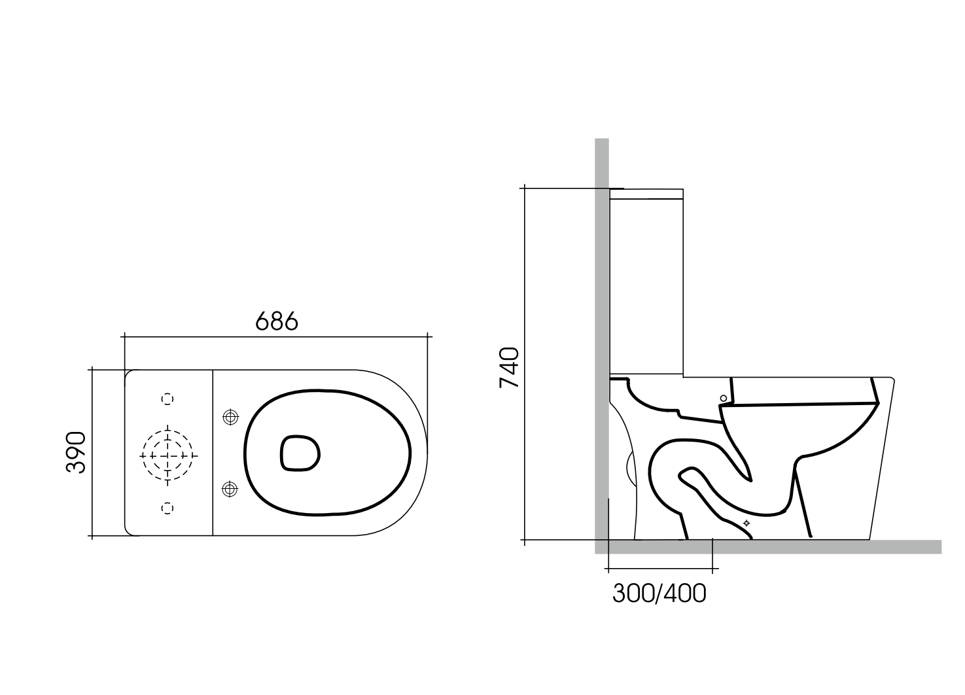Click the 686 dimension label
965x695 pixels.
pyautogui.click(x=276, y=321)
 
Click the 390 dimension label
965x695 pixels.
pyautogui.click(x=76, y=452)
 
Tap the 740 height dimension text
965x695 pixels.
pyautogui.click(x=509, y=368)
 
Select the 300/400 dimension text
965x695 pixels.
pyautogui.click(x=659, y=593)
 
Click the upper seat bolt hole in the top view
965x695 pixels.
pyautogui.click(x=230, y=417)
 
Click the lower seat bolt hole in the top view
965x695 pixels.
pyautogui.click(x=230, y=488)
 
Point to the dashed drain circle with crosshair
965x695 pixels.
pyautogui.click(x=167, y=454)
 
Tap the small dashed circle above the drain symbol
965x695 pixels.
pyautogui.click(x=167, y=399)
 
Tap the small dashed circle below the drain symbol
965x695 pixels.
pyautogui.click(x=167, y=507)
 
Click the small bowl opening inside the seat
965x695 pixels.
pyautogui.click(x=300, y=453)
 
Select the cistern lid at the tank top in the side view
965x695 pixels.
pyautogui.click(x=646, y=193)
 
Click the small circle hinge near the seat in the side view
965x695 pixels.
pyautogui.click(x=723, y=397)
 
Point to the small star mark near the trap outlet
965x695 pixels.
pyautogui.click(x=746, y=523)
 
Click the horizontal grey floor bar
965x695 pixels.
pyautogui.click(x=785, y=547)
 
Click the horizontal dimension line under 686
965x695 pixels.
pyautogui.click(x=276, y=337)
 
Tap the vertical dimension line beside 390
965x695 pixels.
pyautogui.click(x=92, y=452)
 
